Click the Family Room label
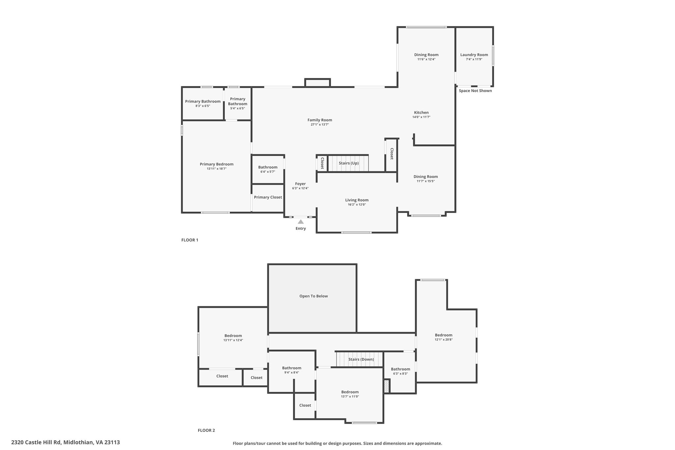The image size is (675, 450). click(320, 120)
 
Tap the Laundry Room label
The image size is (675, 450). click(474, 55)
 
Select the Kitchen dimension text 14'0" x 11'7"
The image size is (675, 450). click(421, 117)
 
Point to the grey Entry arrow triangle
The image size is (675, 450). click(301, 222)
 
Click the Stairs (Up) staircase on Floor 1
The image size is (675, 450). click(348, 163)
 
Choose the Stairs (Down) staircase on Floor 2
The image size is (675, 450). click(360, 359)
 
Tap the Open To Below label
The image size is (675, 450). click(313, 296)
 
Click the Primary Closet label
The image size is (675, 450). click(268, 197)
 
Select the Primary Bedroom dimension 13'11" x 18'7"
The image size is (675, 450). click(217, 169)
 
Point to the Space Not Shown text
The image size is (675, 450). click(475, 91)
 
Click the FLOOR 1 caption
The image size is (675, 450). click(190, 240)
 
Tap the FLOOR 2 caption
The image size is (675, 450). click(206, 430)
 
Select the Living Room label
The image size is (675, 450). click(357, 200)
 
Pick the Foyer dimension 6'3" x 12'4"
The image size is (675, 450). click(300, 188)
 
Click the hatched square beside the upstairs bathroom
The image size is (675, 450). click(387, 386)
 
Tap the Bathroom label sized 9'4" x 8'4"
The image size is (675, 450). click(291, 368)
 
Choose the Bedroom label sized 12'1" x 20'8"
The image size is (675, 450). click(443, 335)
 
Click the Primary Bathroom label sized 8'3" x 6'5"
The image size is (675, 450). click(203, 102)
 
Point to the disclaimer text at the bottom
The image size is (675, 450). click(337, 443)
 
